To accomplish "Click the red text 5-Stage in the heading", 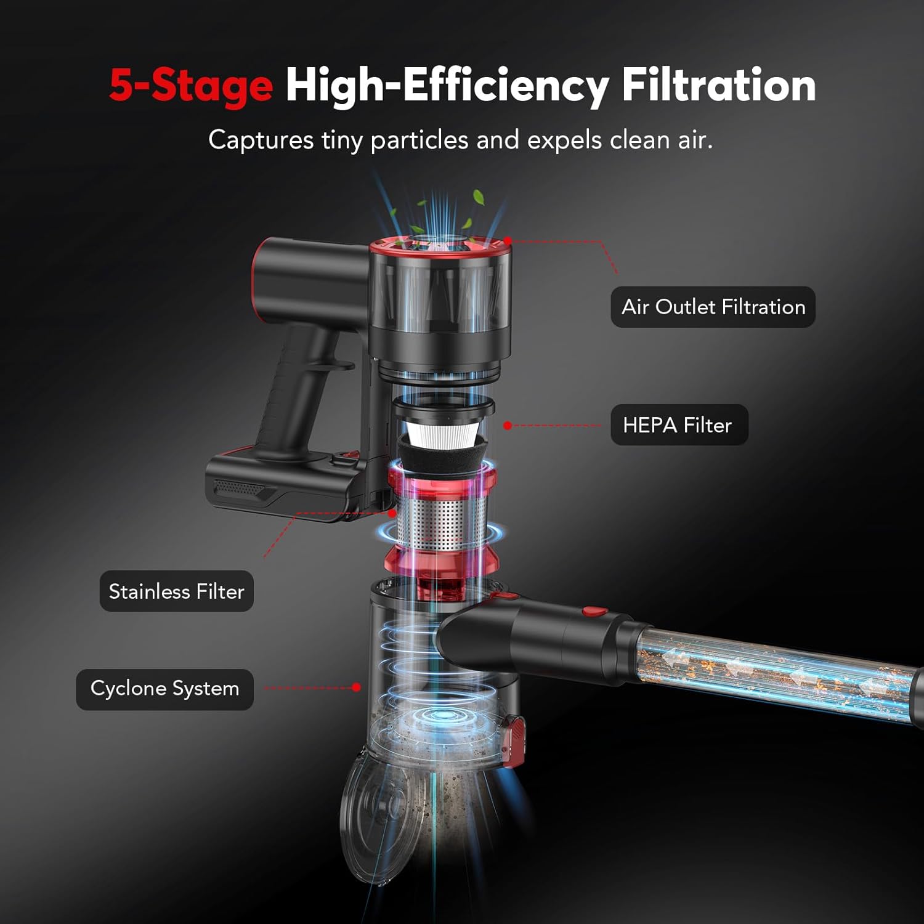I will point(191,85).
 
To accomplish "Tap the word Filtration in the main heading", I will point(718,85).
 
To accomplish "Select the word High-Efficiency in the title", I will point(447,85).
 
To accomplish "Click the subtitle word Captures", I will point(261,140).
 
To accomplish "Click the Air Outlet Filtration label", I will point(713,307).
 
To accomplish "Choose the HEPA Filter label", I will point(678,425).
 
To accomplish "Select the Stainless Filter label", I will point(176,591).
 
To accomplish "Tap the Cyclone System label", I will point(164,689).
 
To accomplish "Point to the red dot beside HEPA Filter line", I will point(508,425).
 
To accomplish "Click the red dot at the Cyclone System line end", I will point(356,687).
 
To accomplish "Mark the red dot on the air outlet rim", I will point(508,241).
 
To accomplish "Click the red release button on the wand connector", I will point(594,612).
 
